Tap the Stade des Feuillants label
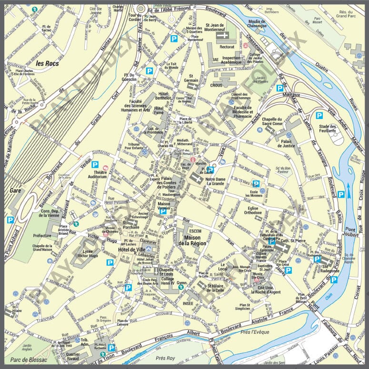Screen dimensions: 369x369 click(x=328, y=129)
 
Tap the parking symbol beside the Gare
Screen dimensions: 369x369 click(x=10, y=220)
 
